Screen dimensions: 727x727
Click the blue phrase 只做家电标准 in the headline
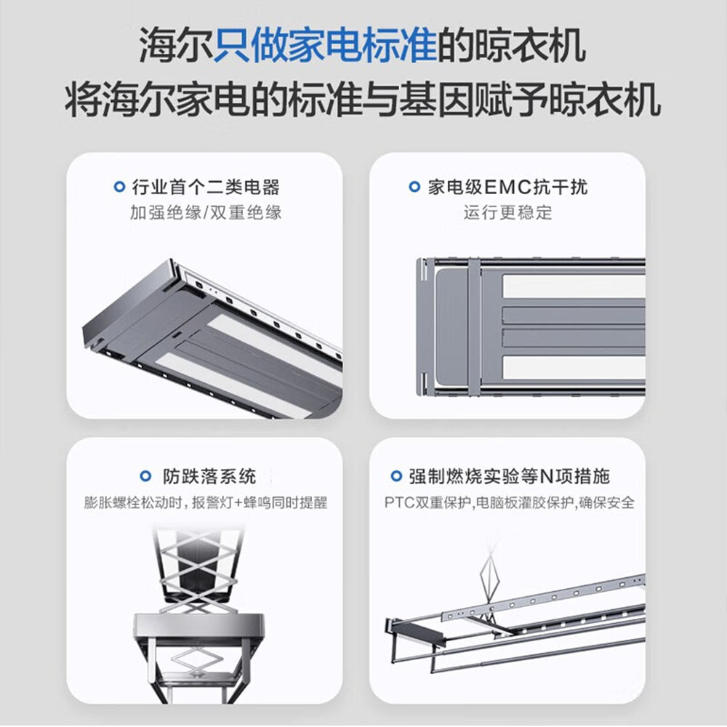coord(324,45)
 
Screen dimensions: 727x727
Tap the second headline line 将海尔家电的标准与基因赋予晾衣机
coord(363,100)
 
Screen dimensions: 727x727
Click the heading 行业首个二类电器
coord(206,188)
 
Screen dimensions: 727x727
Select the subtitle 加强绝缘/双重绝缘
coord(206,213)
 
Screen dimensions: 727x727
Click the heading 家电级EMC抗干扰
coord(507,188)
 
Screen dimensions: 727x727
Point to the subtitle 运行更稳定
coord(507,213)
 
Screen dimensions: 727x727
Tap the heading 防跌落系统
coord(209,477)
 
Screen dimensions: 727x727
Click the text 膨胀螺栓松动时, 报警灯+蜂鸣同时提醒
coord(206,502)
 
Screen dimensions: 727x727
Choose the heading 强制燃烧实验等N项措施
coord(509,477)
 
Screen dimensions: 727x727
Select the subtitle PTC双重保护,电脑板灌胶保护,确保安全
coord(509,502)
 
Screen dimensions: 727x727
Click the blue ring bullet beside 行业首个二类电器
coord(119,187)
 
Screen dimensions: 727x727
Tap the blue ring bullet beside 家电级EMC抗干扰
coord(414,187)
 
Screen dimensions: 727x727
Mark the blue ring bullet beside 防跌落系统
coord(145,476)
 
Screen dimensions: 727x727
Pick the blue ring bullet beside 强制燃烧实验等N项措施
coord(396,476)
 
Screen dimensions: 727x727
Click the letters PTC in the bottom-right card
coord(400,502)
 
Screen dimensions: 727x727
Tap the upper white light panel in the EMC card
coord(574,286)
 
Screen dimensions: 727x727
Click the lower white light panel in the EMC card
coord(574,367)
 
